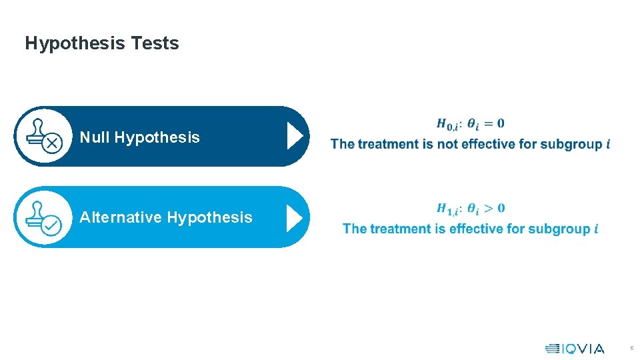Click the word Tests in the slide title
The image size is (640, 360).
tap(155, 43)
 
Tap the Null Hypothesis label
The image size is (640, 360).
tap(139, 137)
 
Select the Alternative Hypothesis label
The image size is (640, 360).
tap(166, 217)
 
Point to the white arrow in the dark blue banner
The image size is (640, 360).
tap(295, 136)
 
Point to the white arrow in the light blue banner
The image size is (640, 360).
tap(295, 218)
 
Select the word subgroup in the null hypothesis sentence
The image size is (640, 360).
tap(571, 144)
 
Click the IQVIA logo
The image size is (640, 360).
tap(575, 349)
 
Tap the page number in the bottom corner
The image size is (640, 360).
tap(631, 349)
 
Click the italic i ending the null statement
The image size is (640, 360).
tap(608, 144)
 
